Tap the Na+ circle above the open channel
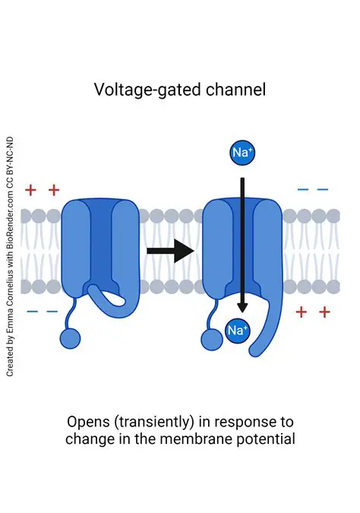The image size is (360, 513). [x=242, y=153]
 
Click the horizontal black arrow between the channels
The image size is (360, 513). [x=171, y=250]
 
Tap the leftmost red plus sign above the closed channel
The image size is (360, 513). [x=30, y=189]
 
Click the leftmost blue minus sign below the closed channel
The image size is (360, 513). [x=32, y=312]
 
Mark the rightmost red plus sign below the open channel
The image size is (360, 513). [x=324, y=312]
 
